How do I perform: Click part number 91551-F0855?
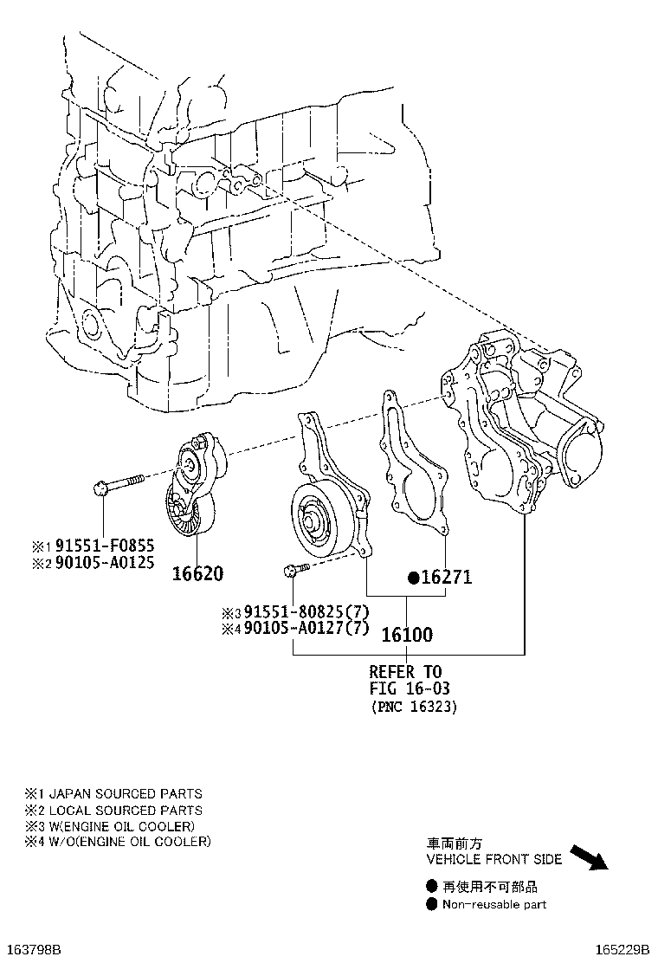(105, 546)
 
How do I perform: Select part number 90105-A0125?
(105, 562)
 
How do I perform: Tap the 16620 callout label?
(197, 573)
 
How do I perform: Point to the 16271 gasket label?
(446, 578)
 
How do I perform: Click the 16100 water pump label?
(407, 635)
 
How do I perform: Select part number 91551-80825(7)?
(306, 611)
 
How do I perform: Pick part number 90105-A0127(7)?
(306, 628)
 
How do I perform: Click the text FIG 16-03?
(410, 688)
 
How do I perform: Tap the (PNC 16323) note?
(415, 707)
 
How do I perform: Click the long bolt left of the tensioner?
(119, 482)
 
